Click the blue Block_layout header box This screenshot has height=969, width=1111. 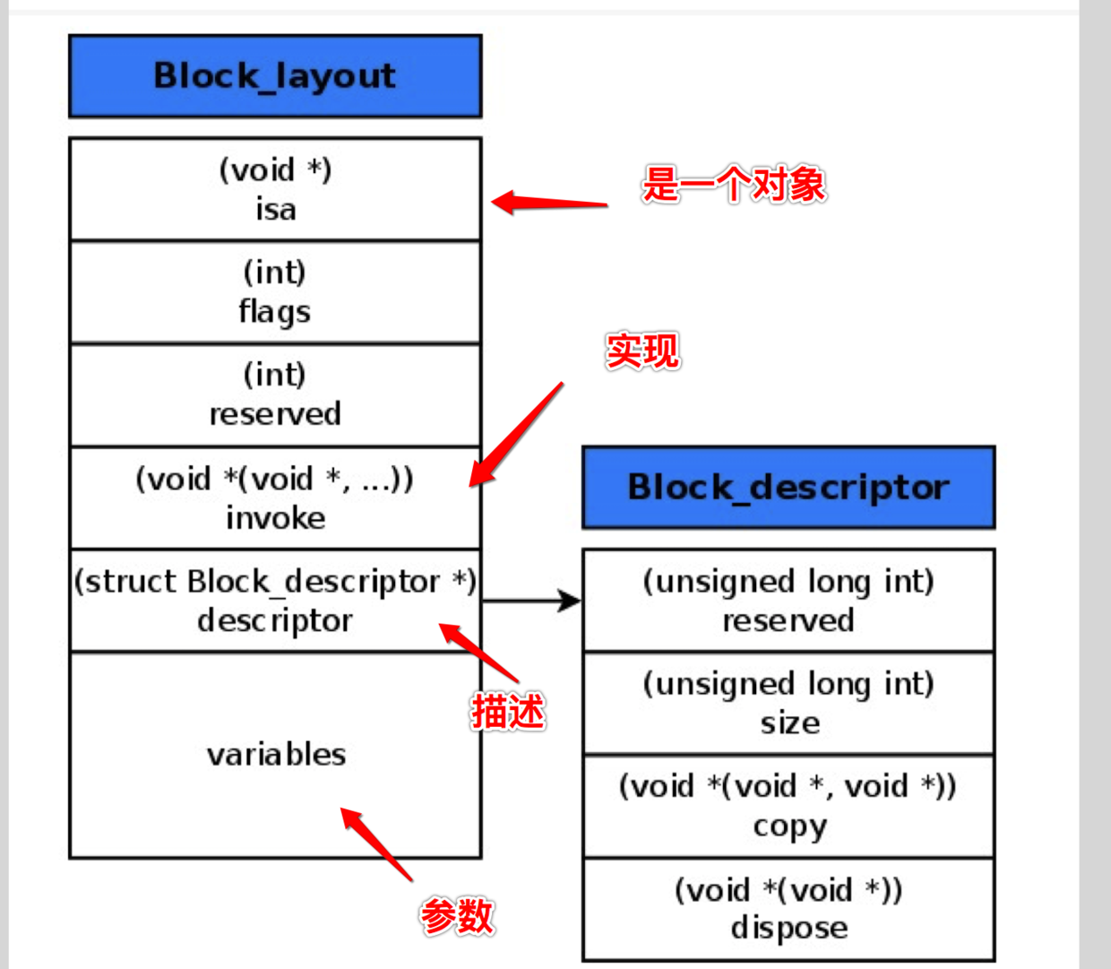pyautogui.click(x=275, y=76)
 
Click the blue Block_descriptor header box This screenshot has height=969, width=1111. pyautogui.click(x=788, y=488)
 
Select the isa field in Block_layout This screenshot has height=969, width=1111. pyautogui.click(x=275, y=210)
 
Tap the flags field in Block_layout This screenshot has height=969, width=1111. pyautogui.click(x=275, y=312)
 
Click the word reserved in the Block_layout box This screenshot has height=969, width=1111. pyautogui.click(x=275, y=414)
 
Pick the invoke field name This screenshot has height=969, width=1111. pyautogui.click(x=275, y=518)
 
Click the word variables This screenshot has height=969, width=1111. pyautogui.click(x=276, y=755)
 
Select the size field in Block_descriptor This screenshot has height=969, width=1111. pyautogui.click(x=789, y=722)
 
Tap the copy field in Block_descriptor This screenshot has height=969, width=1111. pyautogui.click(x=789, y=826)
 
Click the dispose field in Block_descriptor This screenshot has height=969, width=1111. pyautogui.click(x=788, y=928)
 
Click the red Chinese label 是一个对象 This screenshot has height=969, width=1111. pyautogui.click(x=734, y=185)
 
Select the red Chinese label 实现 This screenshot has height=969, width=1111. pyautogui.click(x=642, y=350)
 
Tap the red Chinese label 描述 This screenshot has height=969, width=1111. pyautogui.click(x=508, y=712)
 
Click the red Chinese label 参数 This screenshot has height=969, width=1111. pyautogui.click(x=457, y=916)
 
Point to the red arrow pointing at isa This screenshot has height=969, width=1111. pyautogui.click(x=548, y=202)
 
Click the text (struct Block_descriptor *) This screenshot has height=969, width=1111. pyautogui.click(x=275, y=582)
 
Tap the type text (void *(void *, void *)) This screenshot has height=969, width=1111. pyautogui.click(x=788, y=786)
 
